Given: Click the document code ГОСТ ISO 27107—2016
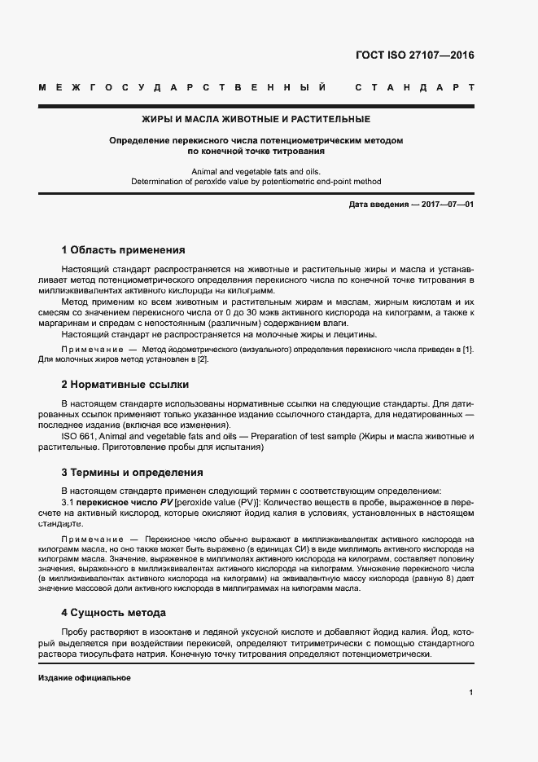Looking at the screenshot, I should (414, 56).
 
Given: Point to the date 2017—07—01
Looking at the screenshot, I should (446, 204).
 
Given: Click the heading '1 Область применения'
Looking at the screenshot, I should (124, 249).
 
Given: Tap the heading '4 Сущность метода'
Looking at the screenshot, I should (114, 611).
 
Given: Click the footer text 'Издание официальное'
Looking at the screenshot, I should (84, 678).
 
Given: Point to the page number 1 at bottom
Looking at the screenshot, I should (471, 693).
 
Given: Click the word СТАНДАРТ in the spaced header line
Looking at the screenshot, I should (414, 87).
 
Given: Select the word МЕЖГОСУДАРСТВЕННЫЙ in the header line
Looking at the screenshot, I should (183, 87).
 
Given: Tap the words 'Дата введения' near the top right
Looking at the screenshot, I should (377, 204).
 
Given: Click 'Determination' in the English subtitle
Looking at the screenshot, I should (160, 182).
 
